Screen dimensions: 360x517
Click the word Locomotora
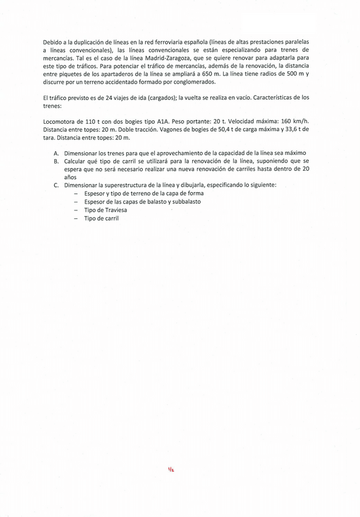point(62,121)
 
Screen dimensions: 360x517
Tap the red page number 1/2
point(171,469)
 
